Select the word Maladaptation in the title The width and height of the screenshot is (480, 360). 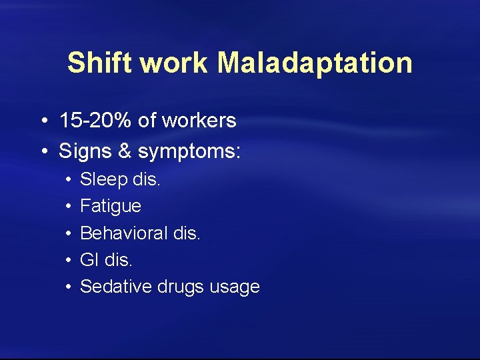[315, 63]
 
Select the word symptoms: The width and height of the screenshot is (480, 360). [189, 152]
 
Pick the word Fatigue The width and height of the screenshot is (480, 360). [111, 207]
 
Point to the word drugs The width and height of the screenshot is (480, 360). [181, 287]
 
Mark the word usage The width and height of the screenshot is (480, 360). [234, 287]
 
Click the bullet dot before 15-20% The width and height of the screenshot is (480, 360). [43, 121]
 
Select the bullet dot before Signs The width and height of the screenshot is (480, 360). [43, 152]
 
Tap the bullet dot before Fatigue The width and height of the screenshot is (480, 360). [69, 207]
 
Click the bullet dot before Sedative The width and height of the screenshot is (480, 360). [69, 287]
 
